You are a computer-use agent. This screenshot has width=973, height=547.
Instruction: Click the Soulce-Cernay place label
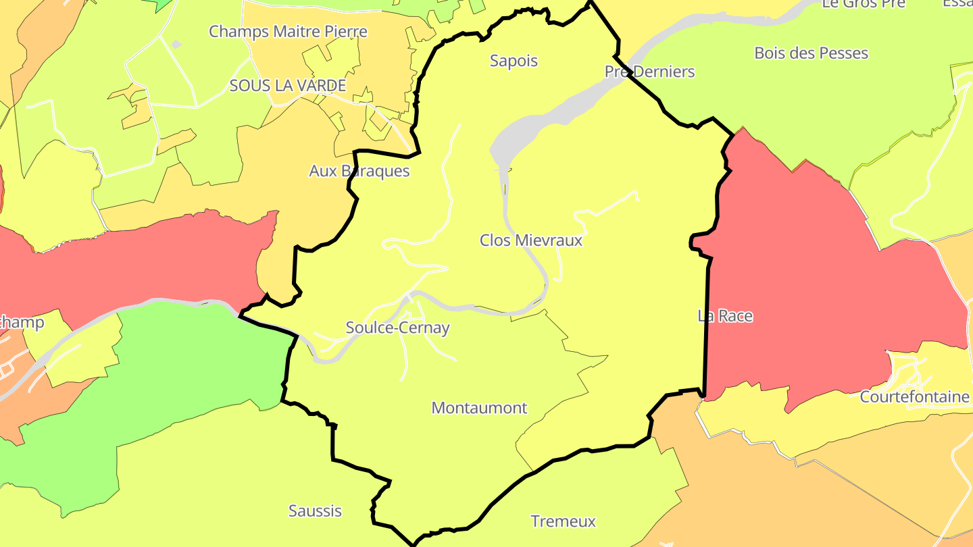pos(397,328)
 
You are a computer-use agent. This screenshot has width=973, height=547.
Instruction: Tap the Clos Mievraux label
pos(530,240)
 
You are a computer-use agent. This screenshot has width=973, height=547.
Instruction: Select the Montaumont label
pos(479,408)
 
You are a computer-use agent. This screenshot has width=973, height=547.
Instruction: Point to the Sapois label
pos(514,61)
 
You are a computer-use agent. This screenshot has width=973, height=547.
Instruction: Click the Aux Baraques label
pos(359,171)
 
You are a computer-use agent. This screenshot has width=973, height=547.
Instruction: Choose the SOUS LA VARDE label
pos(288,86)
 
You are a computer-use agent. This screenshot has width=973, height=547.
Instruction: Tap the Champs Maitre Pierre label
pos(288,32)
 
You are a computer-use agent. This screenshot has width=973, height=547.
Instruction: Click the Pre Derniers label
pos(649,72)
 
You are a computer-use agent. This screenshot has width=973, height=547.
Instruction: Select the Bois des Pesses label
pos(811,53)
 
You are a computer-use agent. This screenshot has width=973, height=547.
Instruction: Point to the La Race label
pos(724,316)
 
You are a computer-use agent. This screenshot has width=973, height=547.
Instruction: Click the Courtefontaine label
pos(914,396)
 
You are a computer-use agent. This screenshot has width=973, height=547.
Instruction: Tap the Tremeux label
pos(563,521)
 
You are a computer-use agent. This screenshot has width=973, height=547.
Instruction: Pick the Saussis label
pos(315,511)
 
